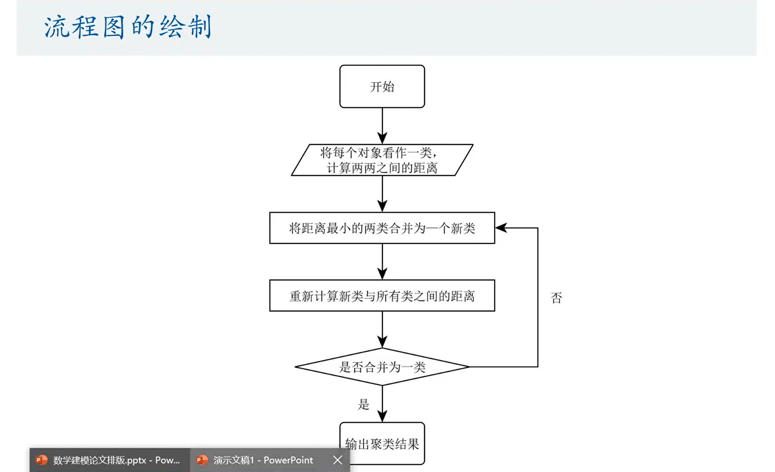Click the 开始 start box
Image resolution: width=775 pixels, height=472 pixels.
[382, 86]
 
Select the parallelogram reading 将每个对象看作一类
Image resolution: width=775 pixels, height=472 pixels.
[382, 160]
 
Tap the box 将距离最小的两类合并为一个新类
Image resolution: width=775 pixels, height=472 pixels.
[382, 228]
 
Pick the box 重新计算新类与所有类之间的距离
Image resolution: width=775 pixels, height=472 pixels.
[382, 296]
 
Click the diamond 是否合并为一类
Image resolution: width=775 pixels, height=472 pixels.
[382, 367]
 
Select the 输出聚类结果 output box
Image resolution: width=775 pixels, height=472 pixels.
[382, 443]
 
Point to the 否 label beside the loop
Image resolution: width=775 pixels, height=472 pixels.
[556, 297]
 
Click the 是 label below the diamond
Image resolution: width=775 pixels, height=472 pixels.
[363, 404]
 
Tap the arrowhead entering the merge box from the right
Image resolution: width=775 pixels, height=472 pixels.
[501, 228]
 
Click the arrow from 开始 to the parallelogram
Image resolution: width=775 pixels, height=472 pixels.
[382, 126]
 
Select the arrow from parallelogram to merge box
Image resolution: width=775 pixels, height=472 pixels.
[382, 194]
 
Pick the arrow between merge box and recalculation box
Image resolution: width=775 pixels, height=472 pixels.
[382, 262]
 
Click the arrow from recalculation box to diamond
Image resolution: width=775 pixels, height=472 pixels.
[382, 330]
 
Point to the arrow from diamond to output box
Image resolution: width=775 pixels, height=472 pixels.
[382, 404]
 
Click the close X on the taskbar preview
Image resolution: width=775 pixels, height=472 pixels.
[338, 460]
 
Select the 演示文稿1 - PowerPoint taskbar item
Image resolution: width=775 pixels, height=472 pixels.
[263, 460]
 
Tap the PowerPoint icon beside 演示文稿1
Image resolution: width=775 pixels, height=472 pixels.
[202, 460]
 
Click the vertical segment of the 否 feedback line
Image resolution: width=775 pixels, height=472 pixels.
[538, 297]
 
